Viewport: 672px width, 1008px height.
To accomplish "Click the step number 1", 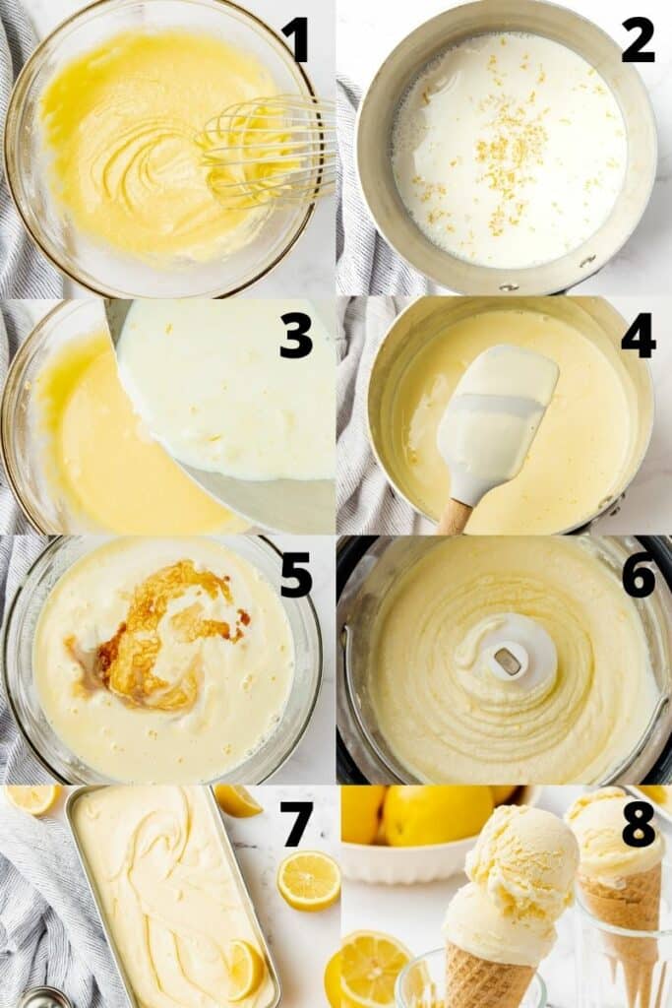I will (295, 38).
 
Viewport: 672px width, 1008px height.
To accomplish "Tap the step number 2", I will (638, 39).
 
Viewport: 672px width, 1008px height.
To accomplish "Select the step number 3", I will (295, 336).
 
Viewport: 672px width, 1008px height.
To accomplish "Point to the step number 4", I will (638, 336).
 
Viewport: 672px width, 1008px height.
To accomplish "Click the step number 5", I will (295, 575).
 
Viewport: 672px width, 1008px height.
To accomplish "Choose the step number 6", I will (638, 575).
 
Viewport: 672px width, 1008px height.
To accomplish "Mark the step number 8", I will (638, 825).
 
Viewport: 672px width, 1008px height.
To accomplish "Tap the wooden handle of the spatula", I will (455, 516).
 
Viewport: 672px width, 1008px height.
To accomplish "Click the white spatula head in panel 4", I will (496, 413).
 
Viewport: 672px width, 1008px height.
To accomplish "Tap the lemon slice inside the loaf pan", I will (244, 968).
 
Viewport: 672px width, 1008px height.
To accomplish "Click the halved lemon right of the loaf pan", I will (308, 880).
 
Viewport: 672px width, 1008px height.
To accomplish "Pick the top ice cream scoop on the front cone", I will (521, 860).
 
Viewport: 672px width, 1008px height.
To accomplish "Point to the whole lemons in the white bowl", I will (433, 814).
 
